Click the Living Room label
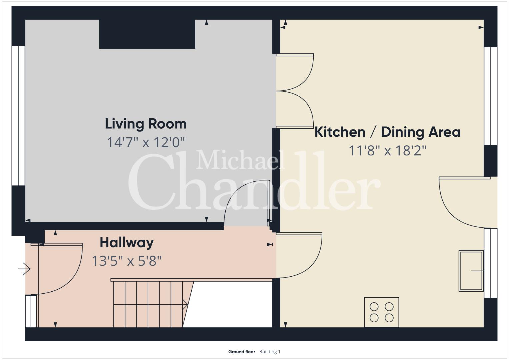[x=146, y=124]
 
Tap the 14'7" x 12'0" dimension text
[x=146, y=142]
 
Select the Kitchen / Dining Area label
[x=387, y=132]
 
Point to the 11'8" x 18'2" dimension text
[x=387, y=150]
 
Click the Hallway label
[x=127, y=243]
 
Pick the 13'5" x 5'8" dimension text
[x=127, y=261]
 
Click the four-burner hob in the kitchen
[x=382, y=312]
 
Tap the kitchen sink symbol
[x=471, y=271]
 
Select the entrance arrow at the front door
[x=24, y=269]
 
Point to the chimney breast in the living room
[x=147, y=34]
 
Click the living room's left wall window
[x=18, y=116]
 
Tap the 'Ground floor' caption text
[x=242, y=352]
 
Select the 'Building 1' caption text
[x=270, y=352]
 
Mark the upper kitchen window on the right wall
[x=491, y=96]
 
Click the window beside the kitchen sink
[x=491, y=263]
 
